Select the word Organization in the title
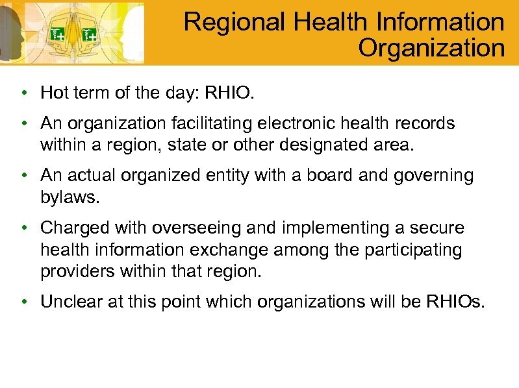431,48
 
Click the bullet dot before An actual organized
23,176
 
